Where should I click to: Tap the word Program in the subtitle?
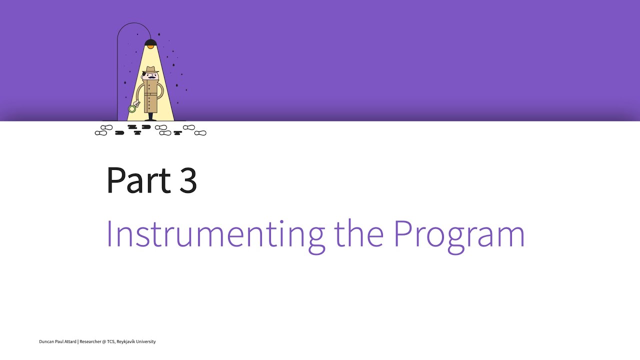[459, 234]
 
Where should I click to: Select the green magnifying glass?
[132, 108]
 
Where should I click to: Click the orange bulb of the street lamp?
[150, 46]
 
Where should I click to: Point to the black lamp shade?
[150, 42]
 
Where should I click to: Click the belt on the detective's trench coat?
[150, 93]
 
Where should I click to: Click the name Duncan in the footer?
[47, 341]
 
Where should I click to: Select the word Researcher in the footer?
[91, 341]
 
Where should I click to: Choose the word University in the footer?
[147, 341]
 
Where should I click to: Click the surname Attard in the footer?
[70, 341]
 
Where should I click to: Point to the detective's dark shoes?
[150, 119]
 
